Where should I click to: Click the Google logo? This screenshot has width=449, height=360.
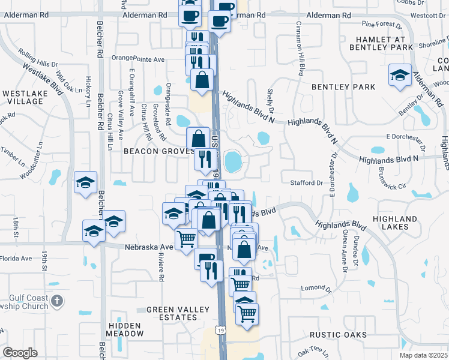click(x=20, y=353)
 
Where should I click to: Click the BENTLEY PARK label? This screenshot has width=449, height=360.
click(x=343, y=87)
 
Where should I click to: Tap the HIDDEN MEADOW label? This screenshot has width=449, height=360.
click(x=125, y=329)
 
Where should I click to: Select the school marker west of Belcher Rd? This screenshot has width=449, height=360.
click(x=86, y=182)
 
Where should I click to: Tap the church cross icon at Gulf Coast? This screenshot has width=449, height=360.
click(x=56, y=301)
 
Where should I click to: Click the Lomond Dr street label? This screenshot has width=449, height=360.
click(x=312, y=288)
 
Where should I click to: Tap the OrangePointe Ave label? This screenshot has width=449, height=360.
click(x=141, y=59)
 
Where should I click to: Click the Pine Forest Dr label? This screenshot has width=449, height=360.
click(x=382, y=25)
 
